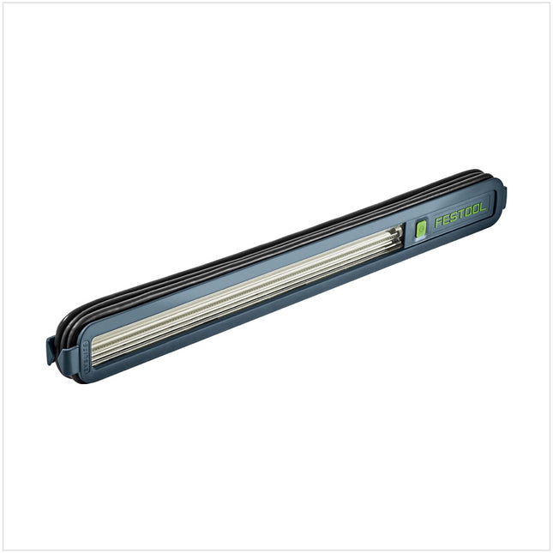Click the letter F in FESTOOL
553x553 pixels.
point(438,223)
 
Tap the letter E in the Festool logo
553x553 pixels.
point(446,220)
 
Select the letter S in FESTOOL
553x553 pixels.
point(454,218)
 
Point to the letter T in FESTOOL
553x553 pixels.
point(460,215)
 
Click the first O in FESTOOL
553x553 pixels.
point(468,213)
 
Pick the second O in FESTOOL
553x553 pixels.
point(476,210)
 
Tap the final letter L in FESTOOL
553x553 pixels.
point(484,207)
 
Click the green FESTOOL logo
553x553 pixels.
point(460,215)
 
